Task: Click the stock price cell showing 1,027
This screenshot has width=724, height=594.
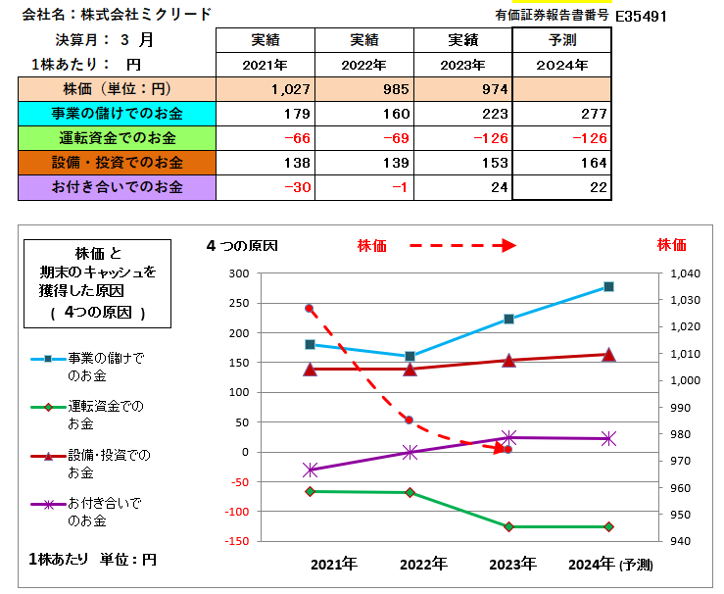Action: pyautogui.click(x=290, y=89)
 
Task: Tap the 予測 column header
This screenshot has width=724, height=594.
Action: pyautogui.click(x=562, y=41)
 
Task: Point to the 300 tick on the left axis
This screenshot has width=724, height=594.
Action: pyautogui.click(x=237, y=273)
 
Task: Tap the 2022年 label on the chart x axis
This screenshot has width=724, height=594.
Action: pyautogui.click(x=423, y=565)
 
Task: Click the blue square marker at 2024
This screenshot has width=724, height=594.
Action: pyautogui.click(x=608, y=286)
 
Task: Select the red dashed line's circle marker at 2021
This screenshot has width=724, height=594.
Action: pyautogui.click(x=310, y=309)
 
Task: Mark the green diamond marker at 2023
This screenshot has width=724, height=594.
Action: pyautogui.click(x=508, y=526)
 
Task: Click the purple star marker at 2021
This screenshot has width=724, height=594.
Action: pyautogui.click(x=310, y=470)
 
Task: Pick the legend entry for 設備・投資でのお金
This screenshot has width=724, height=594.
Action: pyautogui.click(x=108, y=464)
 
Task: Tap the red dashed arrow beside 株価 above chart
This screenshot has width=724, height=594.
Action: pyautogui.click(x=461, y=246)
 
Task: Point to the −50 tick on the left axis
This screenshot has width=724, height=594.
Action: pyautogui.click(x=237, y=481)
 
